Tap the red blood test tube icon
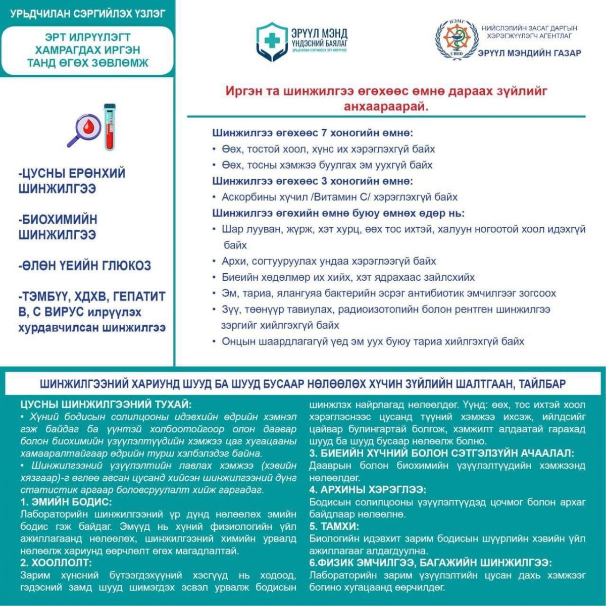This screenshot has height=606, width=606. point(110,127)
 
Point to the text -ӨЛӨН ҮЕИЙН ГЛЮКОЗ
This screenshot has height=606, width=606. point(84,266)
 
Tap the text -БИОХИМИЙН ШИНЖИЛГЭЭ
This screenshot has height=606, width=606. point(58,227)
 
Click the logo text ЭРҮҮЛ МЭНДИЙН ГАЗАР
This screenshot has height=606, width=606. point(529,53)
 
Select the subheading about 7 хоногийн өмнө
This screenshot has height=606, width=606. point(312,133)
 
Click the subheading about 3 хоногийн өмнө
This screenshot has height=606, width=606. point(312,181)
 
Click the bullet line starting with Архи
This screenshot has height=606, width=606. point(328,261)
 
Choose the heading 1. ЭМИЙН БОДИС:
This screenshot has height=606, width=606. point(66,502)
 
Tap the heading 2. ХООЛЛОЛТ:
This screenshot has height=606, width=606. point(56,563)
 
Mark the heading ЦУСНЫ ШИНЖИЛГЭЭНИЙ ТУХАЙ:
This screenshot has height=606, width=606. point(106,405)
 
